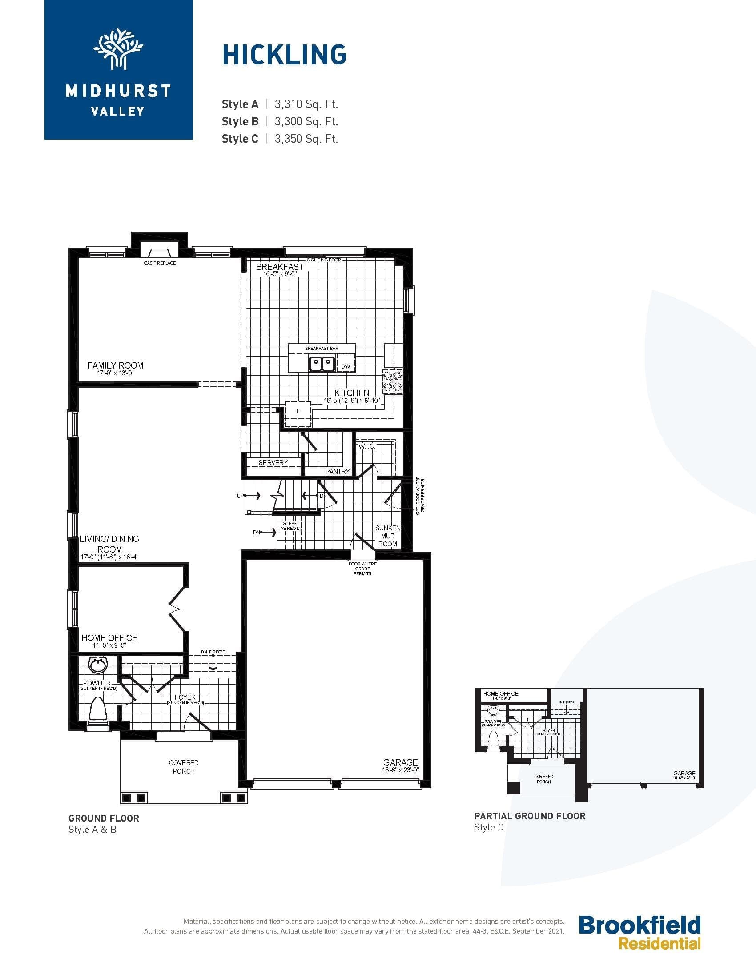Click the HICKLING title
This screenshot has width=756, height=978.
pos(285,55)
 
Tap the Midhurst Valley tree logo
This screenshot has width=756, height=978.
pos(118,49)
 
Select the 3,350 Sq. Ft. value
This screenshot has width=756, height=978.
pos(306,139)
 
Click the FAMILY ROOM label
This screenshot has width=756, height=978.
pos(115,365)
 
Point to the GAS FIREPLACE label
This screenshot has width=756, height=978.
pos(160,263)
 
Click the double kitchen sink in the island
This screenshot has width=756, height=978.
pos(322,363)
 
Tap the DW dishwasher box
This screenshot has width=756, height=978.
pos(345,366)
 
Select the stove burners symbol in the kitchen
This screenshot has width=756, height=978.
pos(392,381)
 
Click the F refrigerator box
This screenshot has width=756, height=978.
pos(298,411)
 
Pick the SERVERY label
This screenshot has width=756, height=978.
pos(273,463)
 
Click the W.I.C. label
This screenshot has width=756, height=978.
pos(366,446)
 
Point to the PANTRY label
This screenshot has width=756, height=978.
pos(337,471)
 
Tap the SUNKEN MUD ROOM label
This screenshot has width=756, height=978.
pos(387,536)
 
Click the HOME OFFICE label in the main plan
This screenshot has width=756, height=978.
pos(109,637)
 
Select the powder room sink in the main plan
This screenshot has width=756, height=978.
pos(98,665)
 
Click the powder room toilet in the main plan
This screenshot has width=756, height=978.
pos(98,708)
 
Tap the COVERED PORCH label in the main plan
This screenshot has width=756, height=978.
pos(184,767)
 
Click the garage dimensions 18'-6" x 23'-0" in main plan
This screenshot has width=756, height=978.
pos(400,770)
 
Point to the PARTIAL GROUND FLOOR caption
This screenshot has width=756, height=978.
pos(529,816)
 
